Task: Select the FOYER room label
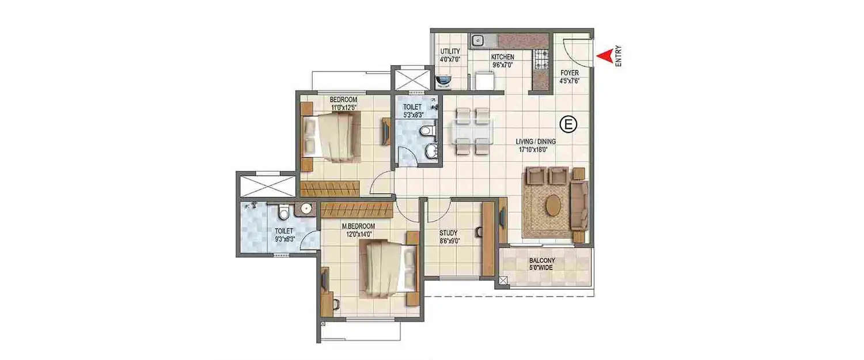569,73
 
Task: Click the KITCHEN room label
502,58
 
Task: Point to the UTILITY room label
450,51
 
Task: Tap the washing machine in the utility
444,81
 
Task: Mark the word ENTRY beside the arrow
618,56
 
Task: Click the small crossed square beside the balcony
504,281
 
